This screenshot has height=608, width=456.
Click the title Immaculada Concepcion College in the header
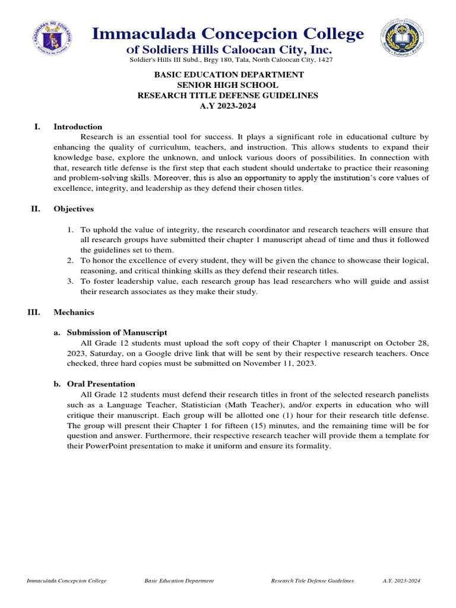pos(228,34)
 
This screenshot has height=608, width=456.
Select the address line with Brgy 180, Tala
pos(230,60)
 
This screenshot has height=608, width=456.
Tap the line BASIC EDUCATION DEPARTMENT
pos(229,74)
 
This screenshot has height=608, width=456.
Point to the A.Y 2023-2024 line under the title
pos(229,105)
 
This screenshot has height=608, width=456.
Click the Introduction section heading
pos(78,126)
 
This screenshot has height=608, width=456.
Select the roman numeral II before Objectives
pos(35,209)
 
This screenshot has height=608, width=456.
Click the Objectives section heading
pos(73,209)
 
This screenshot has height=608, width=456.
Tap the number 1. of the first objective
pos(69,230)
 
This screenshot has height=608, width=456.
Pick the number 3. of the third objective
pos(69,281)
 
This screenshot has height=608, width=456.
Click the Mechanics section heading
pos(74,312)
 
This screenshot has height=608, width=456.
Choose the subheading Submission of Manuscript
pos(117,332)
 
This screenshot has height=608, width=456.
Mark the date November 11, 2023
pos(284,363)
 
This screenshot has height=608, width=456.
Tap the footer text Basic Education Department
pos(179,581)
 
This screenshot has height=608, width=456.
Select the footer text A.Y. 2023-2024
pos(401,581)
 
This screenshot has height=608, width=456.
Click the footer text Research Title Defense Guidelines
pos(312,581)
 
